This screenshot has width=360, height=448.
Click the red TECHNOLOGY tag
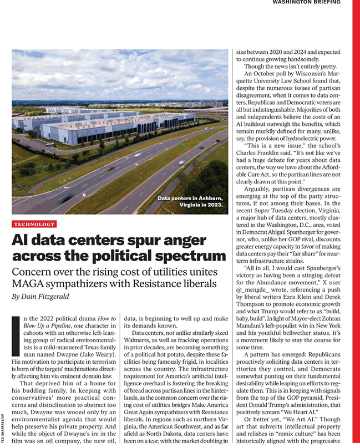[34, 224]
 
